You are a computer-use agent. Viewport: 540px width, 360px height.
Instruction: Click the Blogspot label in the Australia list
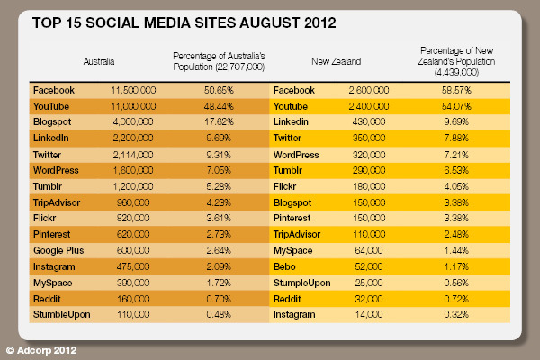[54, 121]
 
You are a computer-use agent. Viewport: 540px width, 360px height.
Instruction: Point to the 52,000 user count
[370, 266]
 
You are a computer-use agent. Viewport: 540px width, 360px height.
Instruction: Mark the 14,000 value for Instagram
[370, 315]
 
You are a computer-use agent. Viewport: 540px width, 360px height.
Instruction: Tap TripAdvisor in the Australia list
[57, 202]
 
